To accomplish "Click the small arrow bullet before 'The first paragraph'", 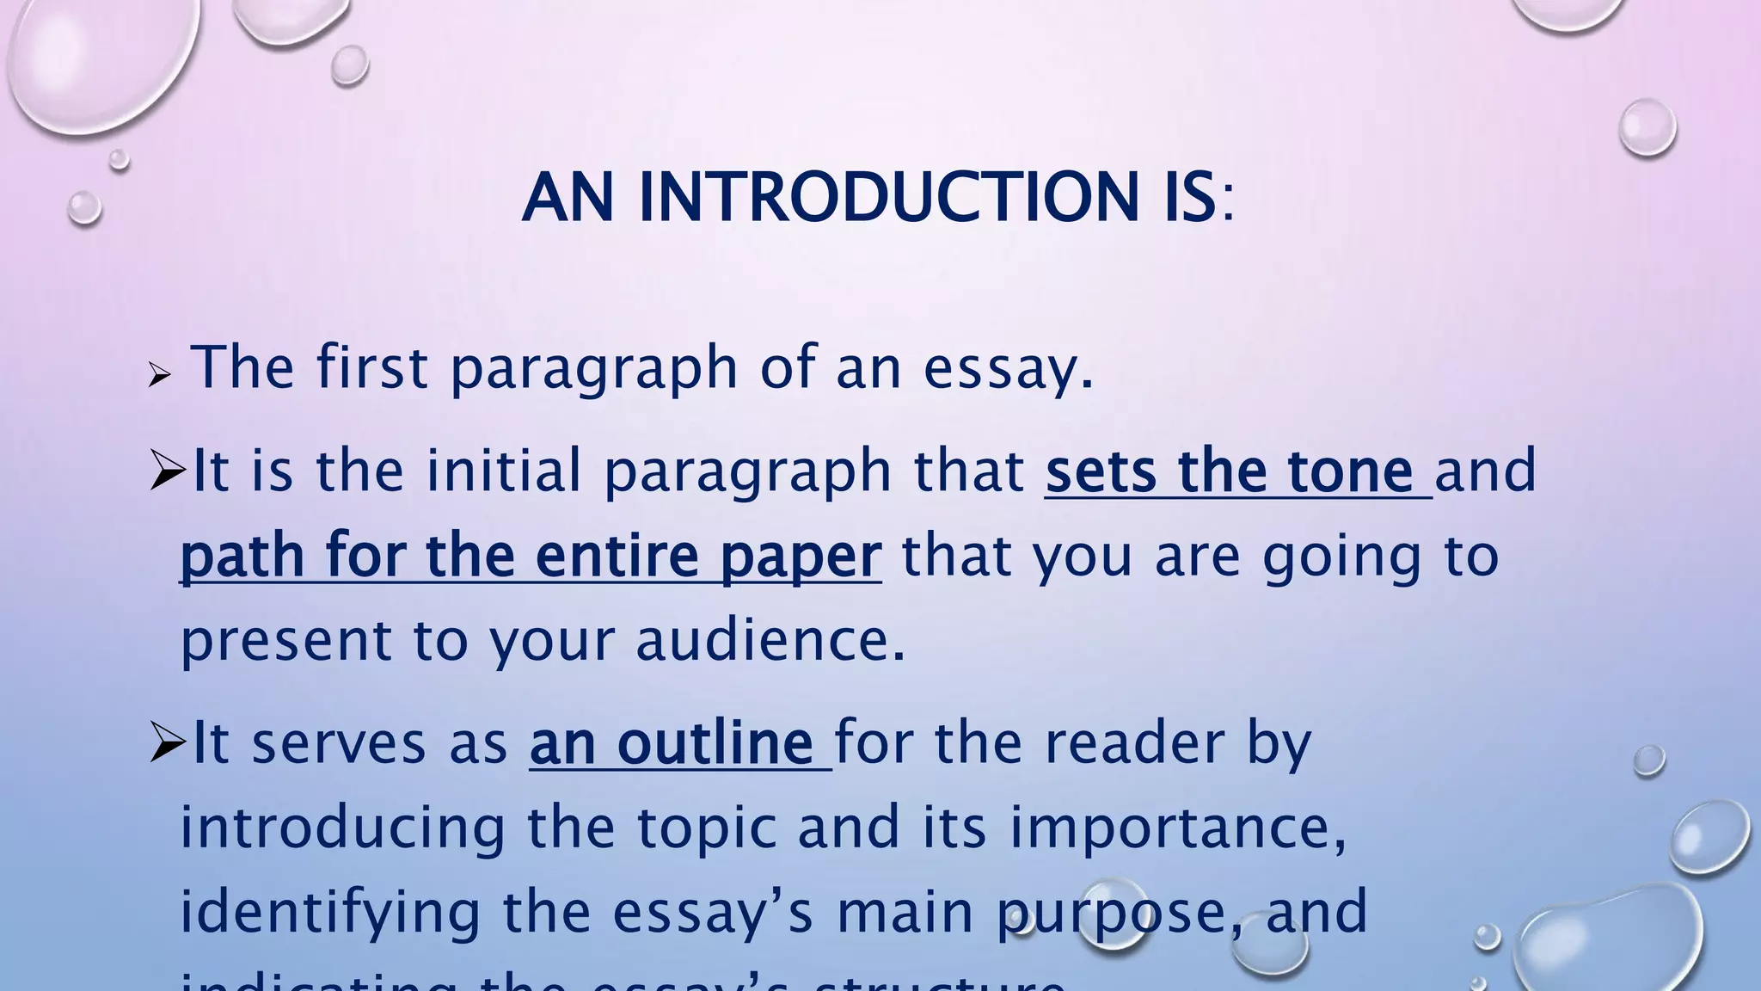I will click(x=159, y=375).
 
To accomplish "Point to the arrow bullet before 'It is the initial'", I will click(x=167, y=471).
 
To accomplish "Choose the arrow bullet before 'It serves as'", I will click(x=167, y=742).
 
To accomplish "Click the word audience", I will click(x=770, y=642).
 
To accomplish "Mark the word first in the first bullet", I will click(x=371, y=368).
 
